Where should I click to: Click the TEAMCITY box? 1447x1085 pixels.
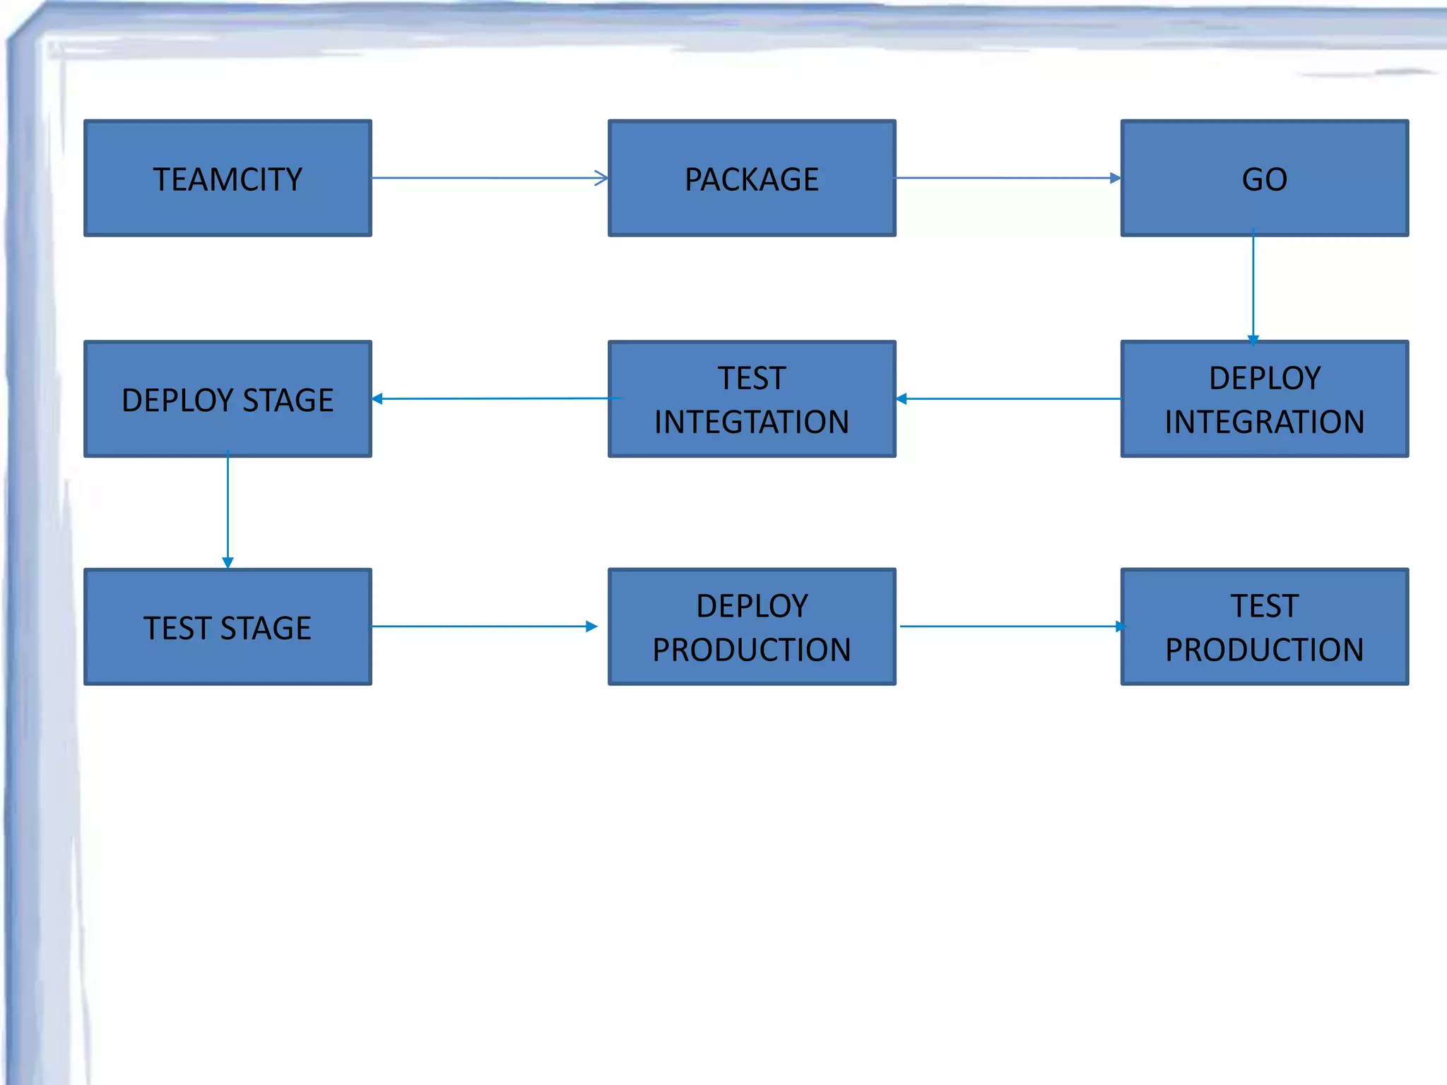(x=228, y=178)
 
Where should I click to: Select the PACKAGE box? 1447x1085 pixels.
(x=752, y=178)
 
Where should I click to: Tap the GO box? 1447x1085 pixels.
(x=1264, y=178)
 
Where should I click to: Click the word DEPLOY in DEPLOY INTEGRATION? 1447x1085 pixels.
(x=1264, y=379)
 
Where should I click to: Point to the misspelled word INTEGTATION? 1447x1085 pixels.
(x=752, y=422)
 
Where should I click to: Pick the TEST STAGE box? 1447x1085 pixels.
(x=228, y=627)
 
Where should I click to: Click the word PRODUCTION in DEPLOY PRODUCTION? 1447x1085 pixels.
(x=752, y=650)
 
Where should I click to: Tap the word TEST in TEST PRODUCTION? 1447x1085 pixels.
(x=1264, y=606)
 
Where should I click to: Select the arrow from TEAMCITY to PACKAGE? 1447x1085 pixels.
(x=488, y=178)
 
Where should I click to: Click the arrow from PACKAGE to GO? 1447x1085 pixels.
(x=1007, y=178)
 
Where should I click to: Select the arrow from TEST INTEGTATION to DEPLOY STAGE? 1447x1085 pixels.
(x=495, y=399)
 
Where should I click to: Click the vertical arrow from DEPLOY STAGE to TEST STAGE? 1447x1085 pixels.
(x=228, y=509)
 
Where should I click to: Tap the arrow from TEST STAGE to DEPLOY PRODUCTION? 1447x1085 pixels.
(x=484, y=626)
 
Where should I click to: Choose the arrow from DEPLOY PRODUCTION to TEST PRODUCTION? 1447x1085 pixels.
(x=1010, y=626)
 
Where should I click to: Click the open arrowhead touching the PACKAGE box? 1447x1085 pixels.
(x=601, y=178)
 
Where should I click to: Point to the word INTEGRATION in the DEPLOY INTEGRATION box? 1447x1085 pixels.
(x=1264, y=422)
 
